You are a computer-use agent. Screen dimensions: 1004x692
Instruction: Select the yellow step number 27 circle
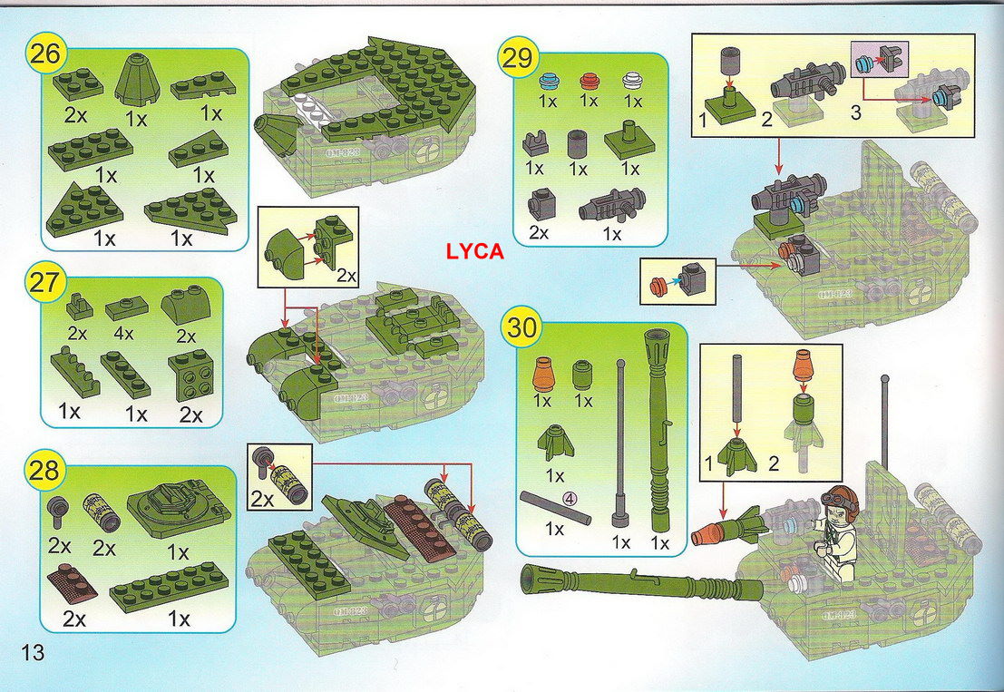click(x=44, y=282)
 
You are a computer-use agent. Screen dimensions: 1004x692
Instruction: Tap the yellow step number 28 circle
click(x=44, y=471)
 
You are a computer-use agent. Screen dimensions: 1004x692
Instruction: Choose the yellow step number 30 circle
click(x=521, y=327)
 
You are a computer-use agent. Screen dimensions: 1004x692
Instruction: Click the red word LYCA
click(x=475, y=252)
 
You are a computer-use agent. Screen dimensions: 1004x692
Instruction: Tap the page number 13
click(x=34, y=652)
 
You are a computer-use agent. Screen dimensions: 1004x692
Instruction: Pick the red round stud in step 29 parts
click(x=589, y=82)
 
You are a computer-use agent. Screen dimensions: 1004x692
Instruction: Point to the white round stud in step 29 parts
click(x=632, y=82)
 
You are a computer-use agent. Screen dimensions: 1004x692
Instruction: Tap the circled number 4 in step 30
click(x=570, y=497)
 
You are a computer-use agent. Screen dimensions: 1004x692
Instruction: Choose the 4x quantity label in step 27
click(x=123, y=334)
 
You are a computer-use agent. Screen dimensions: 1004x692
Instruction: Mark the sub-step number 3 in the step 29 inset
click(x=856, y=113)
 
